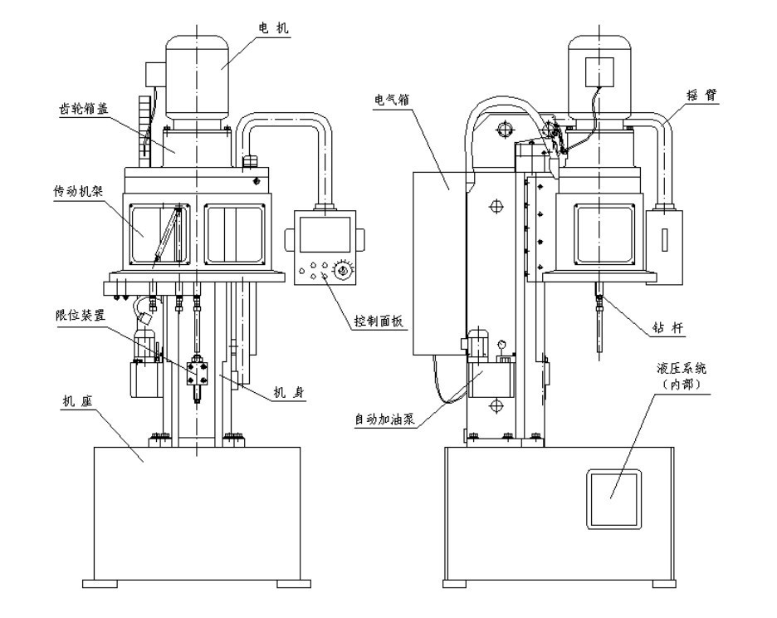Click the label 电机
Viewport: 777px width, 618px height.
point(273,28)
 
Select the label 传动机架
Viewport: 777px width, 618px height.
point(78,191)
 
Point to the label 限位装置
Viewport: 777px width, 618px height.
point(81,315)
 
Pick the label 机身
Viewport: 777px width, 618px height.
point(289,393)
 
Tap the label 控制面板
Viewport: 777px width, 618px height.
point(379,321)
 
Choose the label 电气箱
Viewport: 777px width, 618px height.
point(392,100)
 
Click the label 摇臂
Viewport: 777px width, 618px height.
point(701,95)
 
